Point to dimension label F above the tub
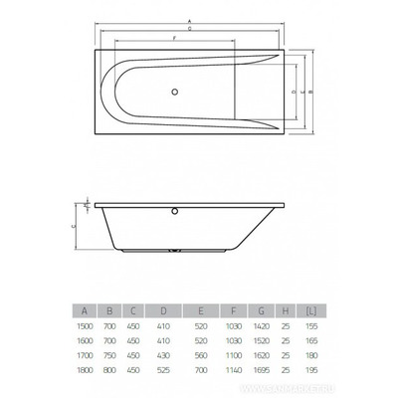[176, 37]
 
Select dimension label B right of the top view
[311, 91]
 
